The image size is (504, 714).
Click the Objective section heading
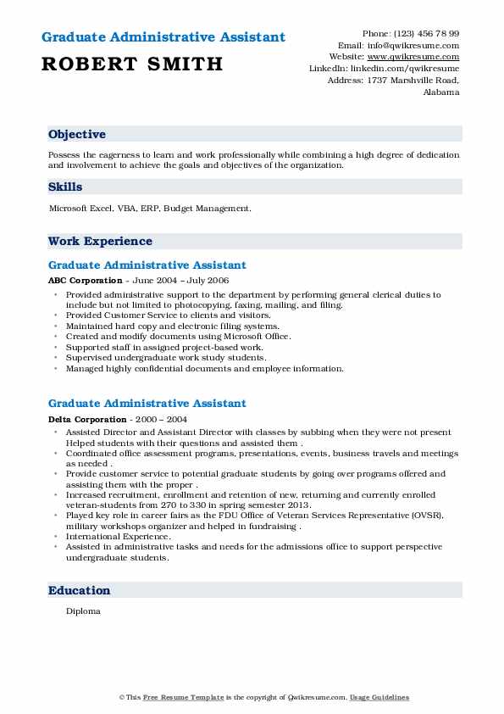pyautogui.click(x=77, y=135)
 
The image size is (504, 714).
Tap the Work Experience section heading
pyautogui.click(x=100, y=242)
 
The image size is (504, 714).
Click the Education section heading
pyautogui.click(x=80, y=591)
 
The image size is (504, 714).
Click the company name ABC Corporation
pyautogui.click(x=85, y=281)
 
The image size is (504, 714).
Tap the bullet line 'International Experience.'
pyautogui.click(x=118, y=536)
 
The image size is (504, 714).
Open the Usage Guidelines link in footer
pyautogui.click(x=379, y=697)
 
